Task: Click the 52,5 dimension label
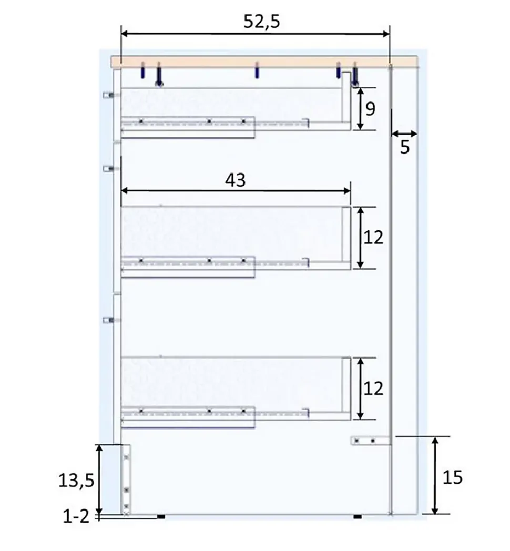(x=262, y=22)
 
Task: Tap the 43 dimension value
(x=235, y=180)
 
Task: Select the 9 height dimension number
(x=371, y=109)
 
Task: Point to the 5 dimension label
(x=405, y=147)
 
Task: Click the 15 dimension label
(x=452, y=477)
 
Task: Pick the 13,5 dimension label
(x=76, y=481)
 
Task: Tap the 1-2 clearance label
(x=76, y=516)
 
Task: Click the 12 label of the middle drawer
(x=373, y=238)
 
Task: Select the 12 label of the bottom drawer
(x=373, y=389)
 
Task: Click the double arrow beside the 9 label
(x=360, y=109)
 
